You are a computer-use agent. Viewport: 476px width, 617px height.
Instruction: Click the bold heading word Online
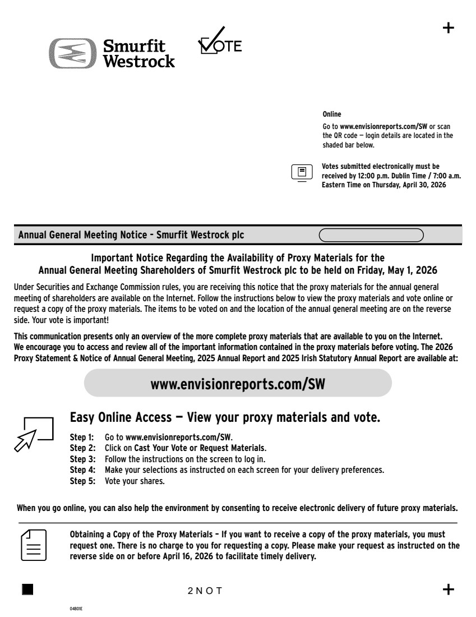point(331,115)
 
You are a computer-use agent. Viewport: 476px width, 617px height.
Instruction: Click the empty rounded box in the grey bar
point(371,234)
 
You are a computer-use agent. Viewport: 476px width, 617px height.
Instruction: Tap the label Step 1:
point(81,436)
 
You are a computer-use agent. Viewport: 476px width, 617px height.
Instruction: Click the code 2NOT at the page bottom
point(205,590)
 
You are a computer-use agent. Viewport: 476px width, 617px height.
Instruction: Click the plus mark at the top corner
point(449,28)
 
